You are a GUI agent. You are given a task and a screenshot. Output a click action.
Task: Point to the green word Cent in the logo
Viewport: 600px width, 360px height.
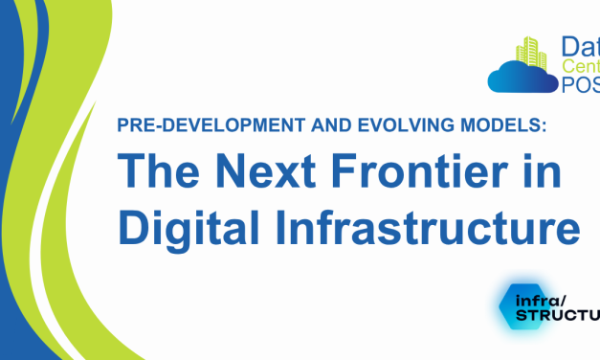[x=577, y=66]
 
